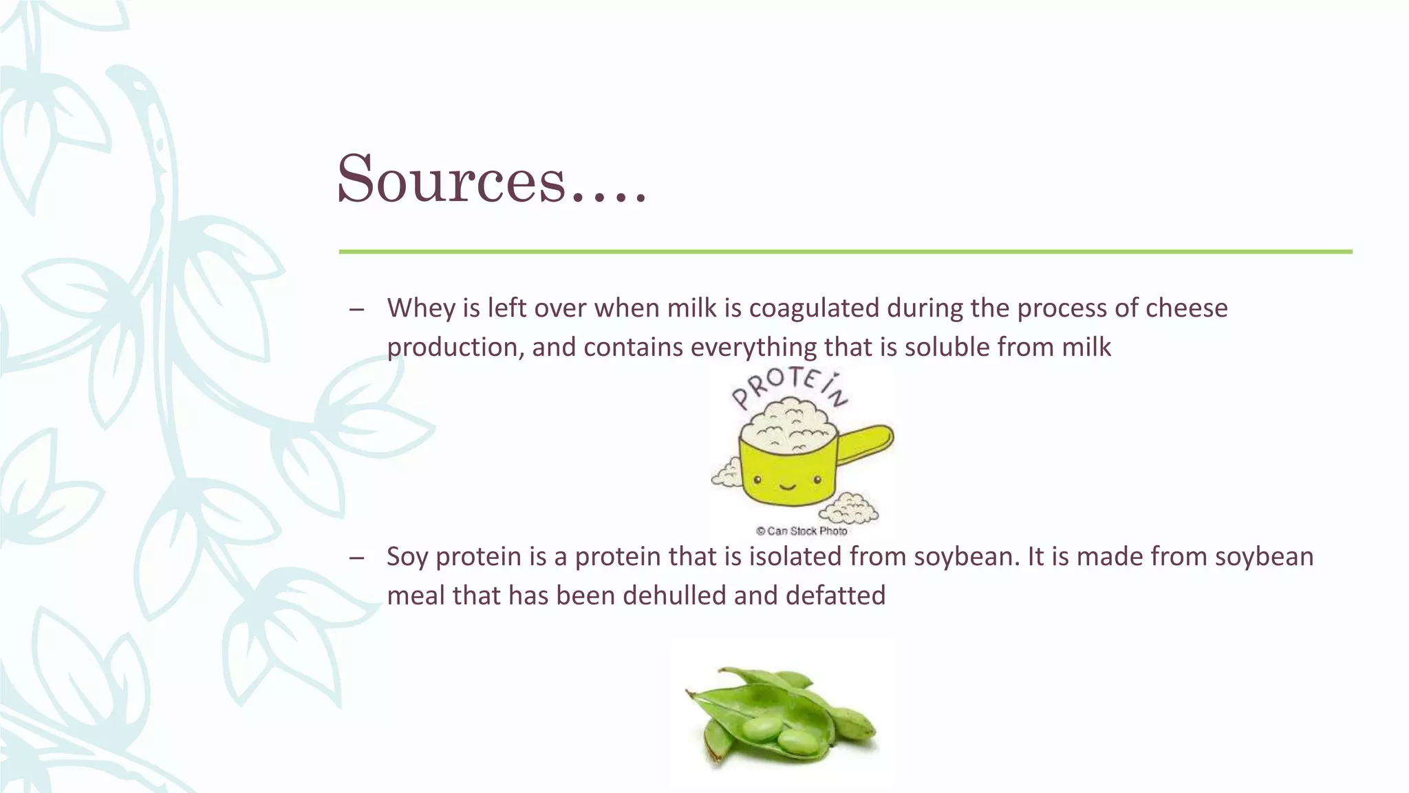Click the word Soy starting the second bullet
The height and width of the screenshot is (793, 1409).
point(408,557)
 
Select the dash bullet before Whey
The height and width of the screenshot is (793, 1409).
point(356,310)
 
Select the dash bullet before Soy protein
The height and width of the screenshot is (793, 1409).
point(356,558)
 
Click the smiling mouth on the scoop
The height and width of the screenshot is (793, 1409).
point(788,487)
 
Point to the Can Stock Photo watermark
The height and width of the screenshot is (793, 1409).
point(802,531)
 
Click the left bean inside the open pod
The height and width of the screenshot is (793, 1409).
point(761,728)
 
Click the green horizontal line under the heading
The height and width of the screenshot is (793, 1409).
point(845,252)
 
